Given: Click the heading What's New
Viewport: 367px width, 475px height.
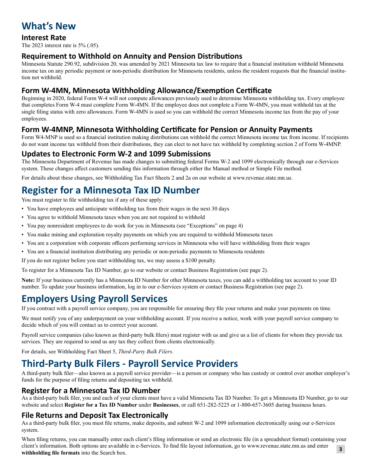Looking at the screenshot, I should pos(49,26).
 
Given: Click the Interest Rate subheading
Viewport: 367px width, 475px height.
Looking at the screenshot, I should pos(44,37).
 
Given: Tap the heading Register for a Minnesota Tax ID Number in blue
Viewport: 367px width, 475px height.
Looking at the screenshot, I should pos(110,190).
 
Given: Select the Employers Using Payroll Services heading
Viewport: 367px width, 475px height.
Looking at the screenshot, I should pos(94,299).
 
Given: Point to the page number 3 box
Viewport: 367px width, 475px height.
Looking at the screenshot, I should pos(340,449).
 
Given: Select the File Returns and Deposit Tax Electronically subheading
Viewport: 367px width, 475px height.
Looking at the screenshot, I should pos(95,415).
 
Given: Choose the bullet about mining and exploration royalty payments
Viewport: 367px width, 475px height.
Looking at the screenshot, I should pos(150,234).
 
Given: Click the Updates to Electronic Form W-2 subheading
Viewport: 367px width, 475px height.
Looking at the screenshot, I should pos(116,154).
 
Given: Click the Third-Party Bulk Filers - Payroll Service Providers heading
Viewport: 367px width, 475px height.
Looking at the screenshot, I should pos(129,363).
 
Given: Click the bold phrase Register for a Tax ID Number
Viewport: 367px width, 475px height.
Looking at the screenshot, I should pos(100,405).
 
